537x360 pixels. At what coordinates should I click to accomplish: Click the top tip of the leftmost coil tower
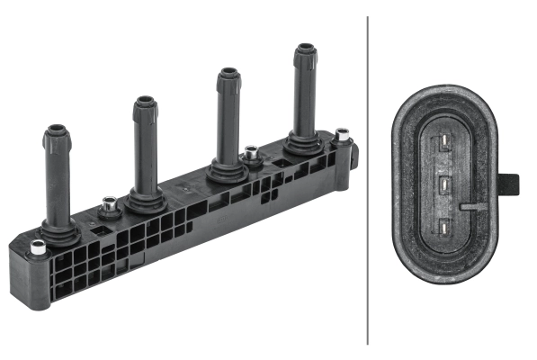pos(57,132)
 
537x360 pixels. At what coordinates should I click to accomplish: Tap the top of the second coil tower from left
pos(145,103)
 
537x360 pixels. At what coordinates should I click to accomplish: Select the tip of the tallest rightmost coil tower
pos(304,50)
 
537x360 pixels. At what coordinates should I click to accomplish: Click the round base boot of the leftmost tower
pos(58,233)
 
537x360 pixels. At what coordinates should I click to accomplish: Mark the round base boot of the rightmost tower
pos(304,143)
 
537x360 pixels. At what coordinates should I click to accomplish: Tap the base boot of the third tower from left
pos(227,170)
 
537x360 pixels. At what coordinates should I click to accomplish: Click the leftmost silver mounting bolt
pos(37,247)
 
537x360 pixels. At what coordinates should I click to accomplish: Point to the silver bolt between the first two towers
pos(109,208)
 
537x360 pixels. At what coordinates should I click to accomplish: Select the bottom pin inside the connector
pos(444,227)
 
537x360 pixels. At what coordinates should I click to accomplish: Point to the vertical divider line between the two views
pos(369,180)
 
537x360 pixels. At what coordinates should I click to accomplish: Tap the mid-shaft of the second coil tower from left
pos(145,148)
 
